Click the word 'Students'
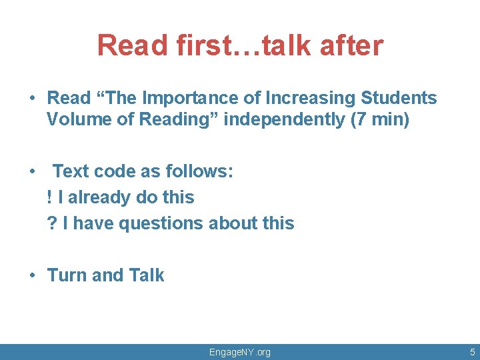[399, 98]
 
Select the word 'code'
[116, 172]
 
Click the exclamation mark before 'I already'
[50, 197]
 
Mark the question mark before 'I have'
[51, 223]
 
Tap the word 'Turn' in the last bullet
[67, 275]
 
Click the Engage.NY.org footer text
[240, 352]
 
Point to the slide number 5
[472, 352]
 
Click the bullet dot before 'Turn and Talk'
[32, 275]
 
